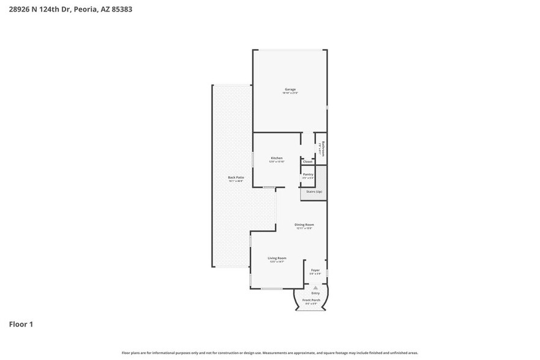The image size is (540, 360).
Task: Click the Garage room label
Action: [x=290, y=89]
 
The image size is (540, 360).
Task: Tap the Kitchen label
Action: [x=277, y=158]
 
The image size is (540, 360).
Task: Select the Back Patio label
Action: [x=236, y=178]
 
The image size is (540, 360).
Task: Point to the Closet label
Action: [x=307, y=162]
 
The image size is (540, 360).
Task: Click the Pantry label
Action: [x=308, y=174]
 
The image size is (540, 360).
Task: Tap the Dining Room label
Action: [x=304, y=225]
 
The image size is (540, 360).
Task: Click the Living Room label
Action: [x=277, y=258]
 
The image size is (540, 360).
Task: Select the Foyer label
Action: [x=315, y=269]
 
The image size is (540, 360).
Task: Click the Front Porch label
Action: [x=312, y=300]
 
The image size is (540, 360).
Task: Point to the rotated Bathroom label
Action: [x=323, y=148]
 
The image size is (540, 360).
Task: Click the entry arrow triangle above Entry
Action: [x=315, y=287]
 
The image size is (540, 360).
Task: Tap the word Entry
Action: [x=315, y=293]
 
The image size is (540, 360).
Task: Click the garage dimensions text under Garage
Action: [x=290, y=93]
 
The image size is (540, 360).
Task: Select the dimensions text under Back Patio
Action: [x=236, y=181]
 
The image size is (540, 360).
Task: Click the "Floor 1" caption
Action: [x=21, y=324]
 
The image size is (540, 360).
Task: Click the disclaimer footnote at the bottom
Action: [x=269, y=353]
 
